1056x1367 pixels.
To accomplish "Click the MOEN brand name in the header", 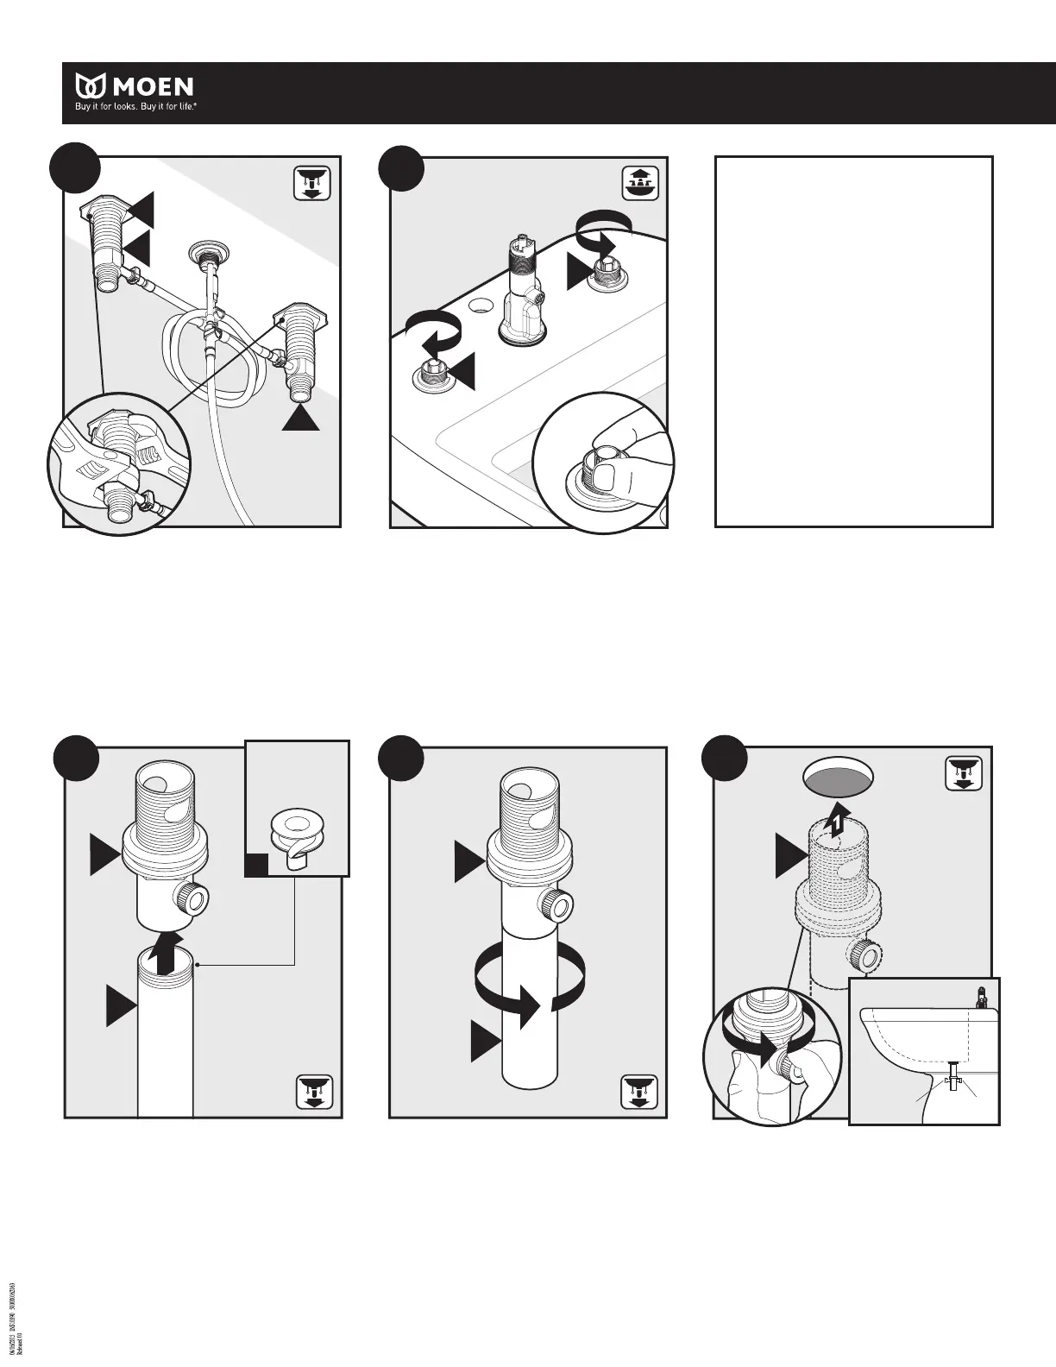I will coord(151,86).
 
